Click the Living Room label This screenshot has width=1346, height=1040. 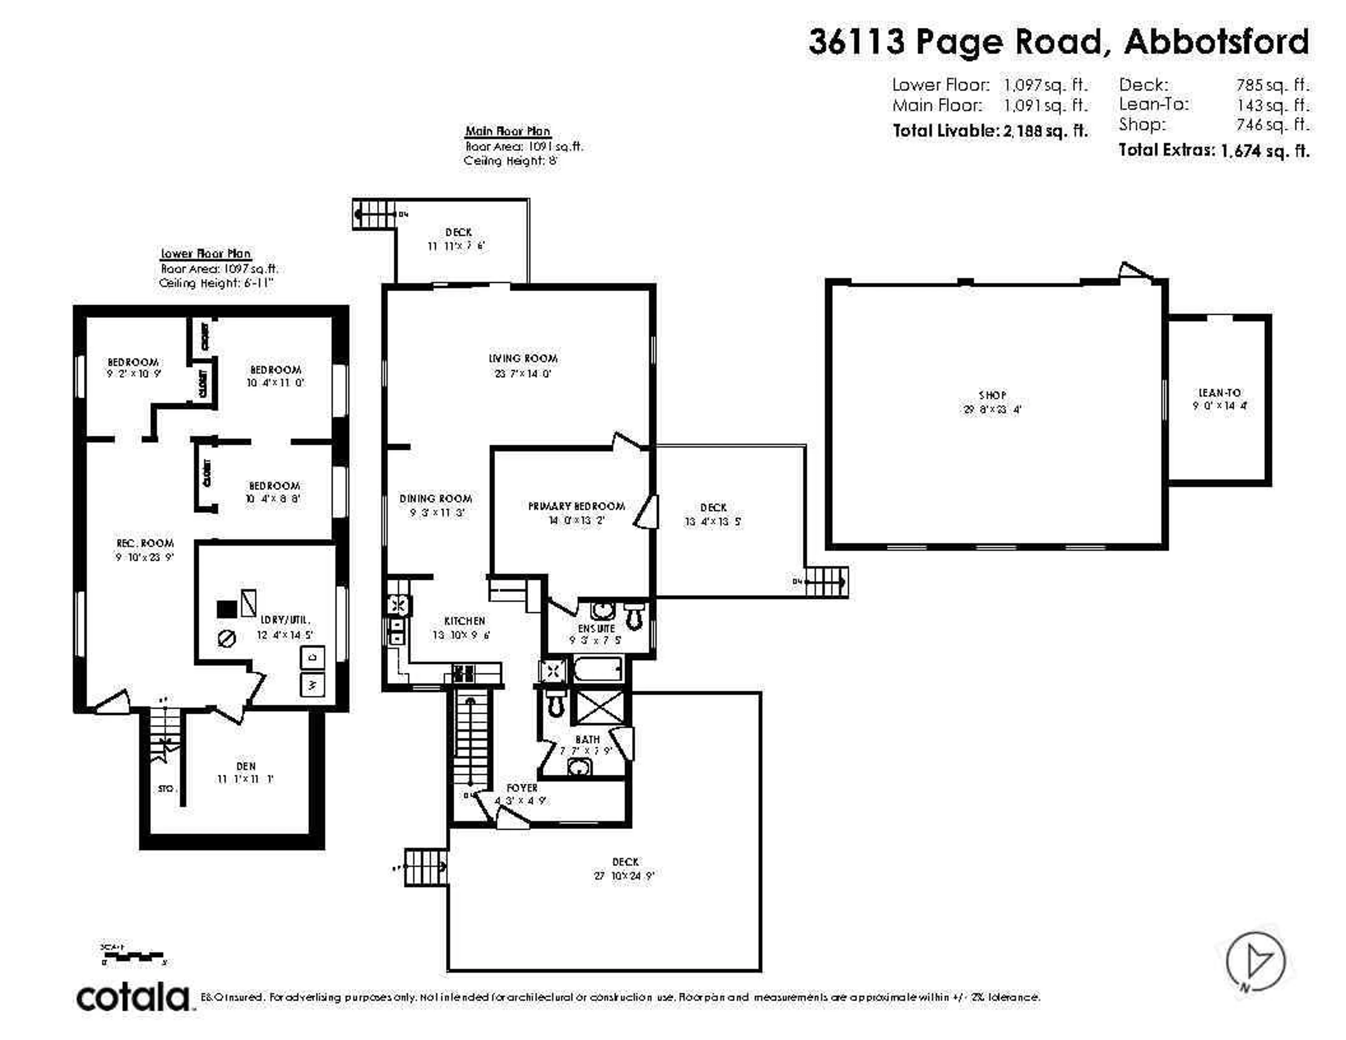tap(523, 358)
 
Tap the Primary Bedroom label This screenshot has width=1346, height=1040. tap(576, 506)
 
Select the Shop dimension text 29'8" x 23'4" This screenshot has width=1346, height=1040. tap(992, 409)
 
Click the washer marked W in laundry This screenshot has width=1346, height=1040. tap(312, 684)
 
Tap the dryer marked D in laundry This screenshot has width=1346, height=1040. tap(312, 657)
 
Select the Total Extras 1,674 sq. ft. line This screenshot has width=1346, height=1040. tap(1214, 150)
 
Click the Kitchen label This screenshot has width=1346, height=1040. tap(465, 621)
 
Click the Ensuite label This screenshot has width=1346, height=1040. tap(596, 628)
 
